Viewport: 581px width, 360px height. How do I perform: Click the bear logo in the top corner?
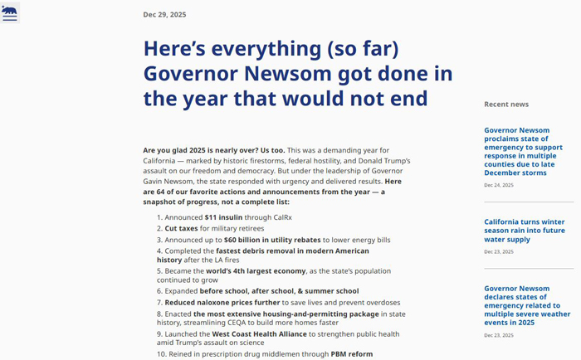tap(10, 9)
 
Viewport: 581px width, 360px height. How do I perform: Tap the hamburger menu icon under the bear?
tap(10, 18)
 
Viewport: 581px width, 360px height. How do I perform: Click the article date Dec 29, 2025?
tap(164, 14)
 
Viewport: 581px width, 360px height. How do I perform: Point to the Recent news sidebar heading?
tap(506, 105)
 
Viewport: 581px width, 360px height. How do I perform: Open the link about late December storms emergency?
tap(527, 151)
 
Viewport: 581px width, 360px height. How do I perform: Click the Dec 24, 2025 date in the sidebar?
tap(499, 185)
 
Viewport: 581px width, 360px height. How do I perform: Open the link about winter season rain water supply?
tap(525, 231)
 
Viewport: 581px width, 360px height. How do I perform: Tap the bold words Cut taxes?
tap(182, 228)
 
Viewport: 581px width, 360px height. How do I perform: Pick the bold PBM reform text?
tap(352, 353)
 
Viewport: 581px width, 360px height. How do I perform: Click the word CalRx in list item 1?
tap(282, 217)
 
